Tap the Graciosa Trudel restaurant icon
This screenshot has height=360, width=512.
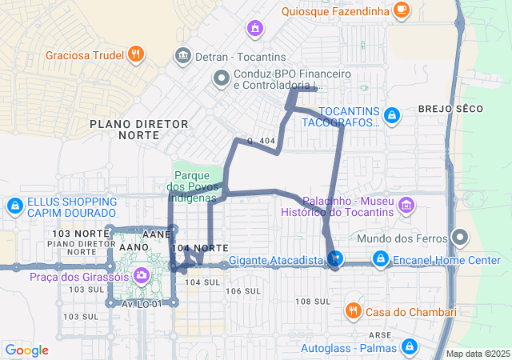tap(136, 54)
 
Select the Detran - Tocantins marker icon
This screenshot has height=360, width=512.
tap(182, 56)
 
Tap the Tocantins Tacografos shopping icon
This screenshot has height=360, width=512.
tap(391, 116)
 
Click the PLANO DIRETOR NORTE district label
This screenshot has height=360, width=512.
tap(139, 130)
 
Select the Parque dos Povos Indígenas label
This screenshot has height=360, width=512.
tap(192, 186)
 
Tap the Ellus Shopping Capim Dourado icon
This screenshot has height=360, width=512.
tap(14, 206)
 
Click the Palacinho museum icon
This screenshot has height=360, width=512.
tap(407, 206)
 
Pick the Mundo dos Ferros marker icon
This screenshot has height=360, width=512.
tap(459, 238)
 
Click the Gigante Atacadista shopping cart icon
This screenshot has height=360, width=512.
tap(335, 259)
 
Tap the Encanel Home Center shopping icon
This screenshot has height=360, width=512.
tap(381, 259)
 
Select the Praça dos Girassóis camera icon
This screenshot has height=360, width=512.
tap(142, 276)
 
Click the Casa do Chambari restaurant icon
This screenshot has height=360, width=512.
tap(352, 310)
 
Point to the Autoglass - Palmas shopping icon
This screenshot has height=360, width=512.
tap(410, 347)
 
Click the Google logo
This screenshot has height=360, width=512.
tap(27, 350)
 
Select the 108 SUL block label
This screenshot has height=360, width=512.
tap(313, 301)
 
